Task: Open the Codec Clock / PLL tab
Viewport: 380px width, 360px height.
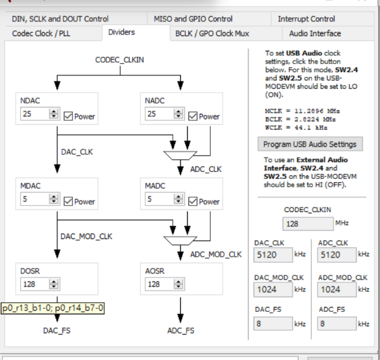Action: click(x=41, y=34)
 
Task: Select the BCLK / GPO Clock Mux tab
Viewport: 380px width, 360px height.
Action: click(x=212, y=34)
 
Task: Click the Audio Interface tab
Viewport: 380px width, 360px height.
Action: click(x=315, y=34)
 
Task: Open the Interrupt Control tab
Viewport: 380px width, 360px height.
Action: click(x=306, y=19)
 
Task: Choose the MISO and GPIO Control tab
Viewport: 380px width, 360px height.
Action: click(x=193, y=19)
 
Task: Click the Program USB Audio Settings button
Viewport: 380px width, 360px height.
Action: click(x=310, y=144)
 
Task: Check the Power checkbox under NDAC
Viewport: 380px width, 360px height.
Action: click(x=68, y=116)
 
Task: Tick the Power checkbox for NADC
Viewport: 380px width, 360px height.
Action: click(x=193, y=116)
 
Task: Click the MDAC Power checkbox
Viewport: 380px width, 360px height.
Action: click(x=68, y=201)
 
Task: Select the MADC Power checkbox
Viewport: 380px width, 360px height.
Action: click(x=193, y=201)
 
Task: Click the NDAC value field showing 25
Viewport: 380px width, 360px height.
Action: click(x=35, y=114)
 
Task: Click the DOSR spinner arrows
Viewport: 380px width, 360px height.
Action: click(x=54, y=284)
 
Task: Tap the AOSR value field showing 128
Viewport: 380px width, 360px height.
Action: click(x=159, y=284)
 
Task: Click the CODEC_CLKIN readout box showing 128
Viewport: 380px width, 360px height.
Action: click(x=308, y=223)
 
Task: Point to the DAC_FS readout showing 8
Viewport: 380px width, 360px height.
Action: click(x=273, y=323)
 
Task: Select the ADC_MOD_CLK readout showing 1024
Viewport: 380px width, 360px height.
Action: click(x=337, y=289)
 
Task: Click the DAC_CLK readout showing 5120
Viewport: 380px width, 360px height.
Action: click(x=273, y=255)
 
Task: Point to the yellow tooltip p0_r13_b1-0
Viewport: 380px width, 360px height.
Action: click(x=52, y=308)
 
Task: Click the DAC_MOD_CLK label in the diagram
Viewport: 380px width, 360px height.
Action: click(x=86, y=237)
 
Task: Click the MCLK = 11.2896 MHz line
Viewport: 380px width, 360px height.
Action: click(x=302, y=111)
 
